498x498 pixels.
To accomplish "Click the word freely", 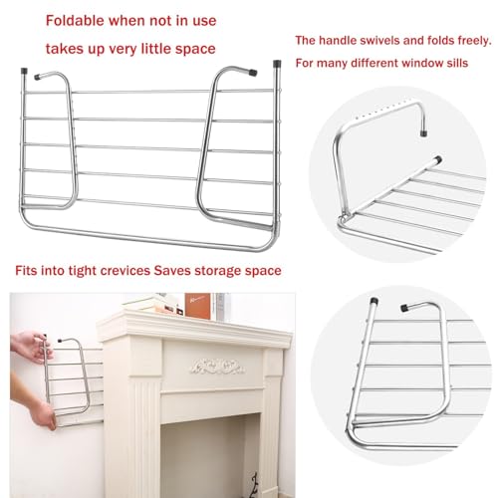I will point(466,41).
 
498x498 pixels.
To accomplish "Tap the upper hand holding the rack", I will point(41,348).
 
